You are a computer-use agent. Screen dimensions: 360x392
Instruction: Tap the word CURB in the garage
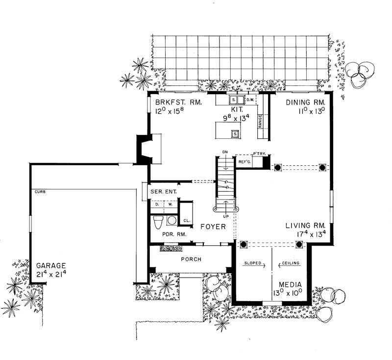coord(40,191)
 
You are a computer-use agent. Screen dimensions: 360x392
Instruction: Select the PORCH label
coord(191,259)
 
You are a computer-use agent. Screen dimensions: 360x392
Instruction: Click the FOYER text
coord(213,227)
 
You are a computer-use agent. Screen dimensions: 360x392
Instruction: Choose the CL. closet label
coord(186,220)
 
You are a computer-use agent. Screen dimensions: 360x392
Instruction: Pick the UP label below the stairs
coord(226,216)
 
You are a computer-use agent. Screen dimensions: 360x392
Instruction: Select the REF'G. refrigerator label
coord(244,161)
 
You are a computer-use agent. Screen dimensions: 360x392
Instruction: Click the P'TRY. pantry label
coord(259,154)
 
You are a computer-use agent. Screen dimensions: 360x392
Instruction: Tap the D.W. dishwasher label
coord(249,100)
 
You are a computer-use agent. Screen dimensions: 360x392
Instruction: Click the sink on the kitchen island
coord(235,133)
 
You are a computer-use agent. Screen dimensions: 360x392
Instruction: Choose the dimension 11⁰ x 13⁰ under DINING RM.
coord(298,111)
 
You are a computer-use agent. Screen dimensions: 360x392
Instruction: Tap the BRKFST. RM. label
coord(175,103)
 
